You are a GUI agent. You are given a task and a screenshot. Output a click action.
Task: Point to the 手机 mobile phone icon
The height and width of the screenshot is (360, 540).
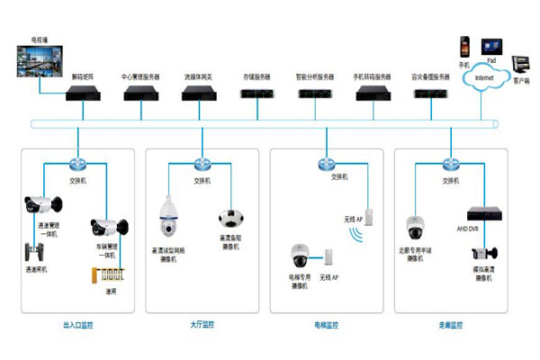click(x=464, y=45)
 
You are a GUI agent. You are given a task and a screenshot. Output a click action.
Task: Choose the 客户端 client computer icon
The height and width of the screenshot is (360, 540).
click(x=520, y=63)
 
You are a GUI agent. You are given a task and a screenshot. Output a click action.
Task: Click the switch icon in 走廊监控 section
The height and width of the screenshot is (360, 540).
click(x=451, y=164)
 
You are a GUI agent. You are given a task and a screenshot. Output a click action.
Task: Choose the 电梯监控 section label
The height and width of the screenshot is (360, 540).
click(x=327, y=324)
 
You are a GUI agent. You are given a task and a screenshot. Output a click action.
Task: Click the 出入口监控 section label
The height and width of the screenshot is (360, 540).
click(x=77, y=324)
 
